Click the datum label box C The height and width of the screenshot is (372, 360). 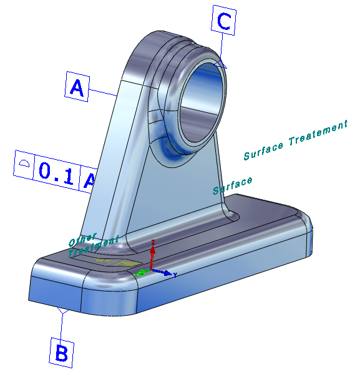point(223,20)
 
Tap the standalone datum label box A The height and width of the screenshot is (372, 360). point(77,87)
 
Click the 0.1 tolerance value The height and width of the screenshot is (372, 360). point(56,172)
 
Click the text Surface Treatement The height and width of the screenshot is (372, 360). point(296,140)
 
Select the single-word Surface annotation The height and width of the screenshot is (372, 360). point(232,186)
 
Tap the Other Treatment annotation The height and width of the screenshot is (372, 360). point(92,245)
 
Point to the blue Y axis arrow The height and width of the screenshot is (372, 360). point(162,272)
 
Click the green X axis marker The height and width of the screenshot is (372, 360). point(142,273)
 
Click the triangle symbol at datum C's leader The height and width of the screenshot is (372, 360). point(220,64)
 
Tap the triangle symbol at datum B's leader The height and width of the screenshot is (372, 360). point(63,310)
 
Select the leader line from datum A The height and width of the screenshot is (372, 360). point(103,92)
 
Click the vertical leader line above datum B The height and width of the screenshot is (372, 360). point(61,326)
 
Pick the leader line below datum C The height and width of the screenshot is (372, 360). point(221,47)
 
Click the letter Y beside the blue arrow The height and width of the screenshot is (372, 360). point(175,275)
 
